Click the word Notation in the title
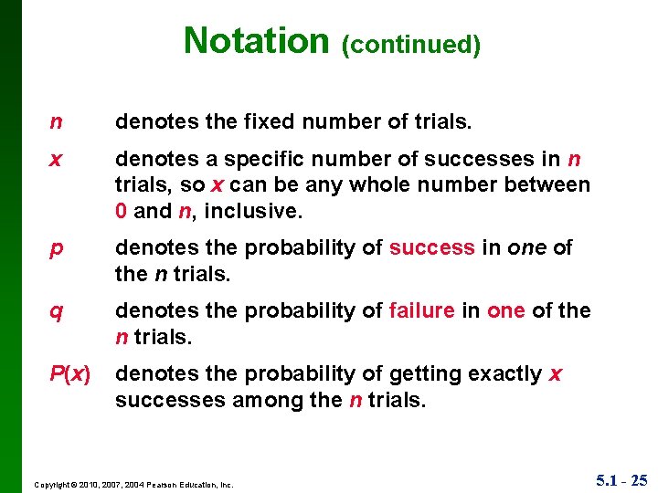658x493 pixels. tap(255, 41)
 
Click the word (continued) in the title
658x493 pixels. tap(410, 45)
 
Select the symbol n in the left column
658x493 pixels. tap(57, 122)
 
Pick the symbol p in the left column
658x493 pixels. tap(57, 249)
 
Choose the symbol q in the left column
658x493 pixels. tap(57, 311)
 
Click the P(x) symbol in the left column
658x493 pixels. tap(69, 374)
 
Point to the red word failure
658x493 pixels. tap(421, 310)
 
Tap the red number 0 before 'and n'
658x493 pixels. tap(122, 211)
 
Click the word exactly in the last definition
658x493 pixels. tap(504, 373)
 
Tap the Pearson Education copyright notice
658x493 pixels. tap(133, 485)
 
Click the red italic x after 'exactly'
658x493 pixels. tap(556, 374)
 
